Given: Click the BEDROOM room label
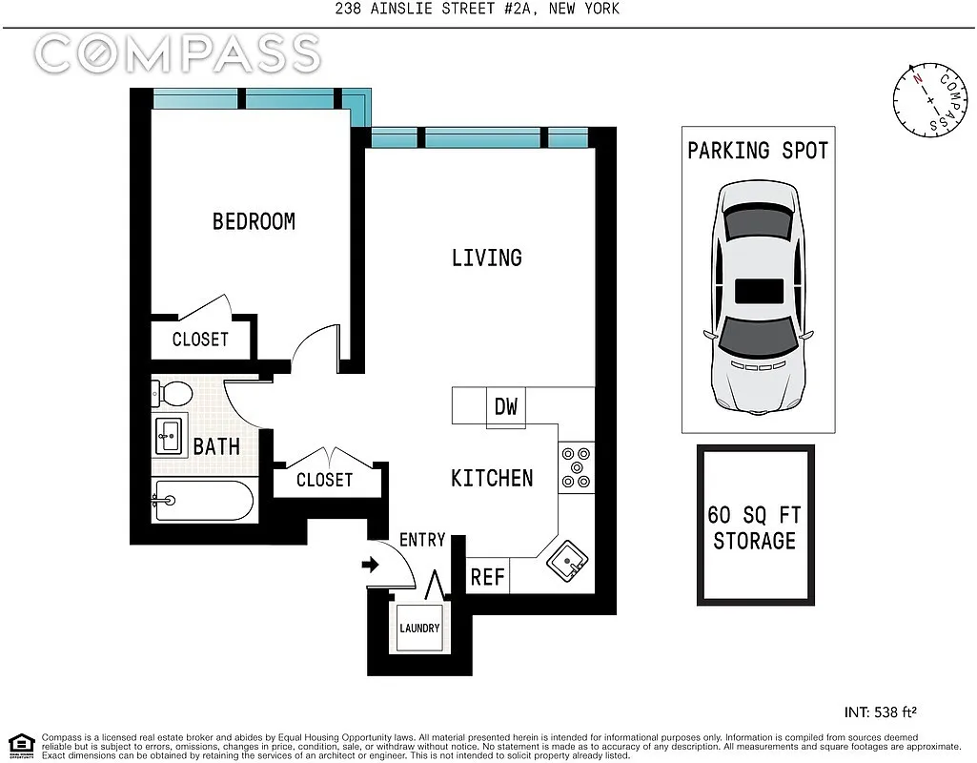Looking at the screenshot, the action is tap(254, 221).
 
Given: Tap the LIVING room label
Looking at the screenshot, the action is tap(487, 258).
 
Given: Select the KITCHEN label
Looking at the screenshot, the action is tap(492, 478).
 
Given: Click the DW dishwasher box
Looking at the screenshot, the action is tap(506, 407).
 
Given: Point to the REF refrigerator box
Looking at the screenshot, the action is tap(488, 576).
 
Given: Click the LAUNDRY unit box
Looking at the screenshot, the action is tap(419, 628).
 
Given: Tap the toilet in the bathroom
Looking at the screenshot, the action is tap(172, 394).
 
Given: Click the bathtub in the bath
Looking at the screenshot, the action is tap(203, 501).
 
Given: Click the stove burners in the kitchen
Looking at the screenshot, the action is tap(577, 467).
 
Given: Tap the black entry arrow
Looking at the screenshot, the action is tap(370, 566).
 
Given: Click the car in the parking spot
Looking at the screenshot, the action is tap(757, 298).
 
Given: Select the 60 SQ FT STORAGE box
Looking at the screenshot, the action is tap(756, 526).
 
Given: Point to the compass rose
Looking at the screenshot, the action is tap(930, 100).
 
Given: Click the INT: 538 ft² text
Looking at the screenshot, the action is tap(881, 711).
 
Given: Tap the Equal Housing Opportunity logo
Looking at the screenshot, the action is tap(22, 745).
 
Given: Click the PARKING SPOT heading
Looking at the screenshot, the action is tap(758, 151).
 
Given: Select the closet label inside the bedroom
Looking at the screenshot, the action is tap(200, 340).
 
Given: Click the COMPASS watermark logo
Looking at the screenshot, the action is tap(177, 53).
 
